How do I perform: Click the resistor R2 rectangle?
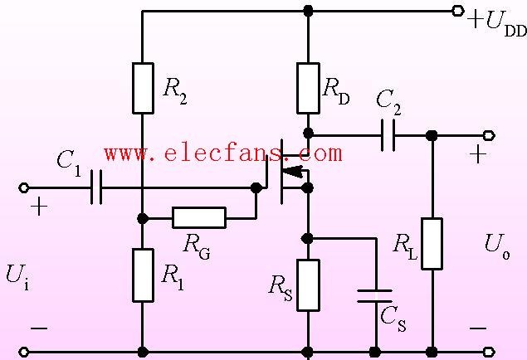(x=144, y=88)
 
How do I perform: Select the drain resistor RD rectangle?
(x=308, y=88)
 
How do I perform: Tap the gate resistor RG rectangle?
(x=199, y=217)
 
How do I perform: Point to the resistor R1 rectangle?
(x=144, y=275)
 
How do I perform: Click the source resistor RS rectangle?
(x=308, y=285)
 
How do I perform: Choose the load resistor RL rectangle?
(x=432, y=244)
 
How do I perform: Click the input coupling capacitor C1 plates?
(x=96, y=187)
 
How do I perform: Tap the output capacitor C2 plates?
(x=388, y=135)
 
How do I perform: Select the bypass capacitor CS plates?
(x=375, y=296)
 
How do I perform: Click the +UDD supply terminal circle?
(x=457, y=11)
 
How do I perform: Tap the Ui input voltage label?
(x=17, y=276)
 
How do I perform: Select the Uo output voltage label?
(x=497, y=246)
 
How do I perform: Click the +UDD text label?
(x=497, y=23)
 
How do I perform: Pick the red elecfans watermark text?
(x=223, y=153)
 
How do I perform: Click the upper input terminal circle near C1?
(x=23, y=187)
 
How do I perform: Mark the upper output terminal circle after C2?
(x=489, y=136)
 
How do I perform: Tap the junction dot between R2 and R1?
(x=143, y=218)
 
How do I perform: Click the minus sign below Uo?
(x=477, y=328)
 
